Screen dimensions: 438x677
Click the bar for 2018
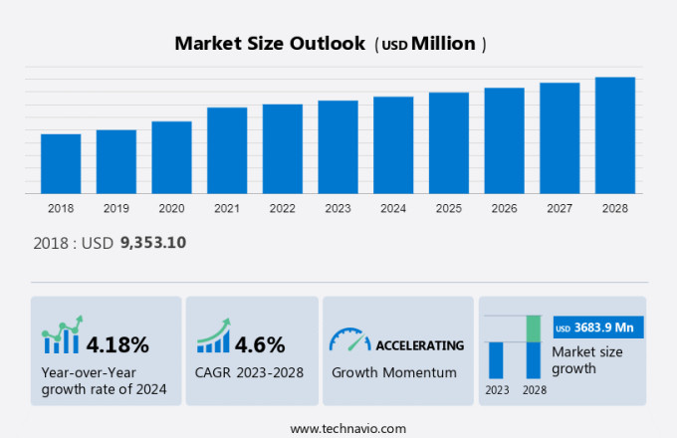(x=61, y=163)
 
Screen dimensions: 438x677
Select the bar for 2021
(x=227, y=150)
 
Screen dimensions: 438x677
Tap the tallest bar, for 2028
(x=615, y=135)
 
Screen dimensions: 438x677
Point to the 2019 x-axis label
(x=116, y=208)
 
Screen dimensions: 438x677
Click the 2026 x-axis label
(x=504, y=208)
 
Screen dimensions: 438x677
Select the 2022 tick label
(x=282, y=208)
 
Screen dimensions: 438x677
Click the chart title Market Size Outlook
(x=269, y=44)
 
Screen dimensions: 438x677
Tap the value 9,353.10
(x=152, y=242)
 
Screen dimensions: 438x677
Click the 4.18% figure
(x=117, y=345)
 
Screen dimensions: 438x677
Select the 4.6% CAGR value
(x=260, y=345)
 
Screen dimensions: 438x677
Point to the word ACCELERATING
(x=419, y=345)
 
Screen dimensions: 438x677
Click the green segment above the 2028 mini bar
(x=533, y=328)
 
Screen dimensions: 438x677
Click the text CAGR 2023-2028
(x=250, y=372)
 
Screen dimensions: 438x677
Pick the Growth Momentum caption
(x=394, y=372)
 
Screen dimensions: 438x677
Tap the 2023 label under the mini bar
(x=496, y=389)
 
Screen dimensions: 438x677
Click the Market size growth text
(x=587, y=359)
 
